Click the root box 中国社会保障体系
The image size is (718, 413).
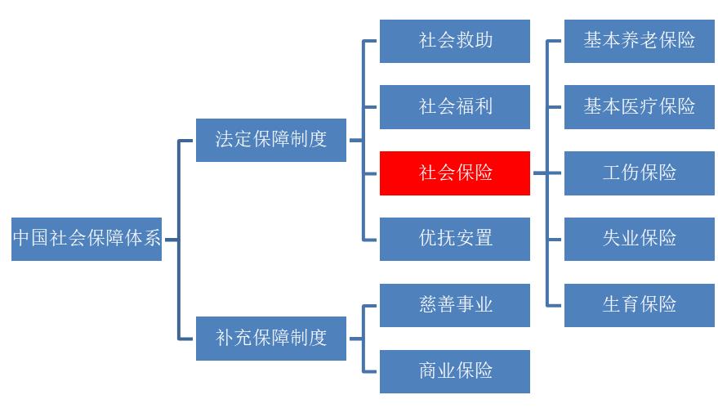(87, 239)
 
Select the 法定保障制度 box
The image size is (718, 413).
(271, 140)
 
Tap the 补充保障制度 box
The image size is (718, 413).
(271, 338)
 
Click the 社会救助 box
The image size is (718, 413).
(455, 41)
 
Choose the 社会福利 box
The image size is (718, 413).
(455, 107)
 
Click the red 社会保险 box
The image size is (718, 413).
(455, 173)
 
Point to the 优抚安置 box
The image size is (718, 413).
(455, 239)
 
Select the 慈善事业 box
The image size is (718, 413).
(455, 305)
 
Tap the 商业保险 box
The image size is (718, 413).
(455, 371)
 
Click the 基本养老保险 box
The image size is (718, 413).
(640, 41)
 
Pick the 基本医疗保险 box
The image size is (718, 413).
(640, 107)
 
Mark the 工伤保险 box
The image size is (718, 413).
(640, 173)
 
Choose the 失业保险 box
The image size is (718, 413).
(640, 239)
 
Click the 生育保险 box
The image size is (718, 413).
(640, 305)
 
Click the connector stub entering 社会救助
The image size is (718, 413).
(371, 41)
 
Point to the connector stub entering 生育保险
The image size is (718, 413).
(555, 305)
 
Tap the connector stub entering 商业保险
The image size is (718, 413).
(371, 371)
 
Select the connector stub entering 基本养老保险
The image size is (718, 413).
(555, 41)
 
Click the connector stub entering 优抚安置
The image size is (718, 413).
(371, 239)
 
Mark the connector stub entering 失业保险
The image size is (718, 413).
(555, 239)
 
